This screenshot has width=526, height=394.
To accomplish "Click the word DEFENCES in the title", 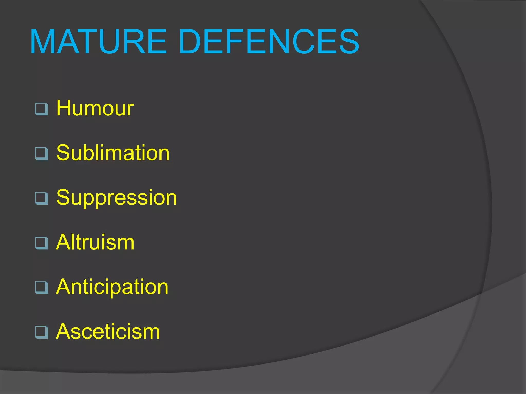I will pyautogui.click(x=269, y=42).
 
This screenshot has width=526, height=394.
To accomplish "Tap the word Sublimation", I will pyautogui.click(x=113, y=153).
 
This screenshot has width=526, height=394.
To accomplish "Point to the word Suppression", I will pyautogui.click(x=116, y=198).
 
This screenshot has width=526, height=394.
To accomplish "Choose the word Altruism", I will pyautogui.click(x=95, y=242).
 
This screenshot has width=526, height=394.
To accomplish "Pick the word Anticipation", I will pyautogui.click(x=112, y=287).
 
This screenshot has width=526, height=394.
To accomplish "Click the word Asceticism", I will pyautogui.click(x=108, y=331).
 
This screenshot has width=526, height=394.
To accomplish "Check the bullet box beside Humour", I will pyautogui.click(x=41, y=109).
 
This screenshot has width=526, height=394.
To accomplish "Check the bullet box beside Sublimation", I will pyautogui.click(x=41, y=154).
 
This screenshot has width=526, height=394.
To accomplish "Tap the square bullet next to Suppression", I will pyautogui.click(x=41, y=198).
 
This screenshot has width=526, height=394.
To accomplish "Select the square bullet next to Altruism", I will pyautogui.click(x=41, y=243).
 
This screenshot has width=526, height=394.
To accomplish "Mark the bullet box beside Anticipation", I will pyautogui.click(x=41, y=288).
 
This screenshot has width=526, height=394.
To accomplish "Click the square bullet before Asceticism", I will pyautogui.click(x=41, y=332).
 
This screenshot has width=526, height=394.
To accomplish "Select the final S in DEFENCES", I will pyautogui.click(x=348, y=42).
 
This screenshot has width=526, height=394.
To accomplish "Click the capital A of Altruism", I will pyautogui.click(x=63, y=242).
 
